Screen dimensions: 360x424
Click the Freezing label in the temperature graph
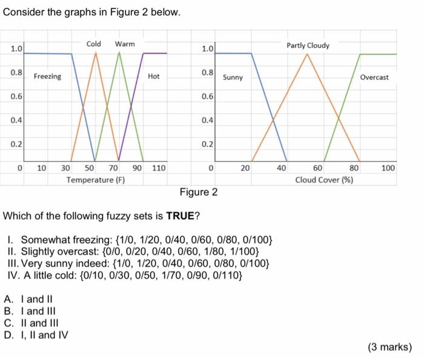click(47, 76)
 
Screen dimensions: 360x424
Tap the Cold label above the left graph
click(94, 44)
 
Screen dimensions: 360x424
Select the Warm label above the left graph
click(125, 44)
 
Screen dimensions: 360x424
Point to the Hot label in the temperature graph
click(154, 76)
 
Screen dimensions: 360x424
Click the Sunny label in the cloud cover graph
click(233, 77)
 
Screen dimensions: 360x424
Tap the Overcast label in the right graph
click(374, 77)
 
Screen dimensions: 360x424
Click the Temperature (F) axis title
click(96, 180)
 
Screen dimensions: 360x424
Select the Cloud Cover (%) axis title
click(325, 180)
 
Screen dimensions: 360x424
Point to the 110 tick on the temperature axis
click(158, 168)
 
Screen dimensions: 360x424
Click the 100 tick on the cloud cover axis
click(388, 168)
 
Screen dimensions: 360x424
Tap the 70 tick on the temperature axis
click(113, 168)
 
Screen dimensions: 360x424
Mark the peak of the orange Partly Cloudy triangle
click(308, 54)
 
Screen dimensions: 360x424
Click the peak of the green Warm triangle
click(119, 52)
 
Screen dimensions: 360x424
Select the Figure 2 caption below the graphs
click(198, 192)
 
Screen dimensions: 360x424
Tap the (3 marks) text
click(389, 347)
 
